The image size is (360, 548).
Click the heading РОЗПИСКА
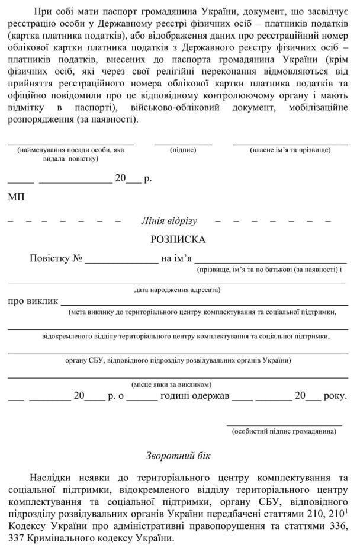click(178, 240)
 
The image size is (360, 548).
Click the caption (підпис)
click(183, 150)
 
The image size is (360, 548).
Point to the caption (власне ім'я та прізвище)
click(290, 150)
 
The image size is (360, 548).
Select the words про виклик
click(33, 301)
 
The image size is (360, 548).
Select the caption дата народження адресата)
click(178, 290)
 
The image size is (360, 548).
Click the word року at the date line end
click(336, 396)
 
